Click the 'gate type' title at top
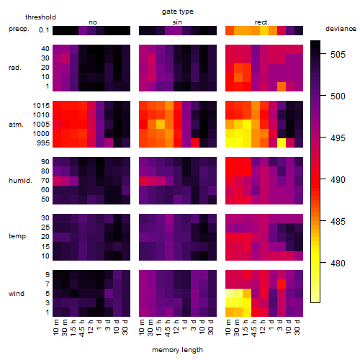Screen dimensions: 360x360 [178, 12]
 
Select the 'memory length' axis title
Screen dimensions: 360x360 [177, 350]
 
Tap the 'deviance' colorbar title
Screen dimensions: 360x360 [341, 29]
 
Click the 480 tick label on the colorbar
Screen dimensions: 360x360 [338, 264]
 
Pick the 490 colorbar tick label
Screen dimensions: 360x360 [338, 180]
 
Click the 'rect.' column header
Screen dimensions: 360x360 [262, 22]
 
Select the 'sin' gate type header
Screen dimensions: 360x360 [177, 22]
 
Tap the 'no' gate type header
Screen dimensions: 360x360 [93, 22]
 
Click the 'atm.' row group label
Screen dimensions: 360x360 [16, 125]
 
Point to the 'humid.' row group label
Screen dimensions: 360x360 [20, 181]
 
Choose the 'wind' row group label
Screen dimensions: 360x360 [17, 294]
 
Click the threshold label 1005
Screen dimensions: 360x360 [41, 125]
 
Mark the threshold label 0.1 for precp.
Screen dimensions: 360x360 [44, 30]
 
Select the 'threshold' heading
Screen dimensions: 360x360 [40, 17]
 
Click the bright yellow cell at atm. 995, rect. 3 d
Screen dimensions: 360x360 [282, 143]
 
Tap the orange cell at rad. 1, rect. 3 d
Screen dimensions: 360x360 [282, 86]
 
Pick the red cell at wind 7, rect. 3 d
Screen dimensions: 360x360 [282, 284]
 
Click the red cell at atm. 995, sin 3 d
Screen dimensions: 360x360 [195, 143]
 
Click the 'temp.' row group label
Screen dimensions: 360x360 [18, 236]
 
